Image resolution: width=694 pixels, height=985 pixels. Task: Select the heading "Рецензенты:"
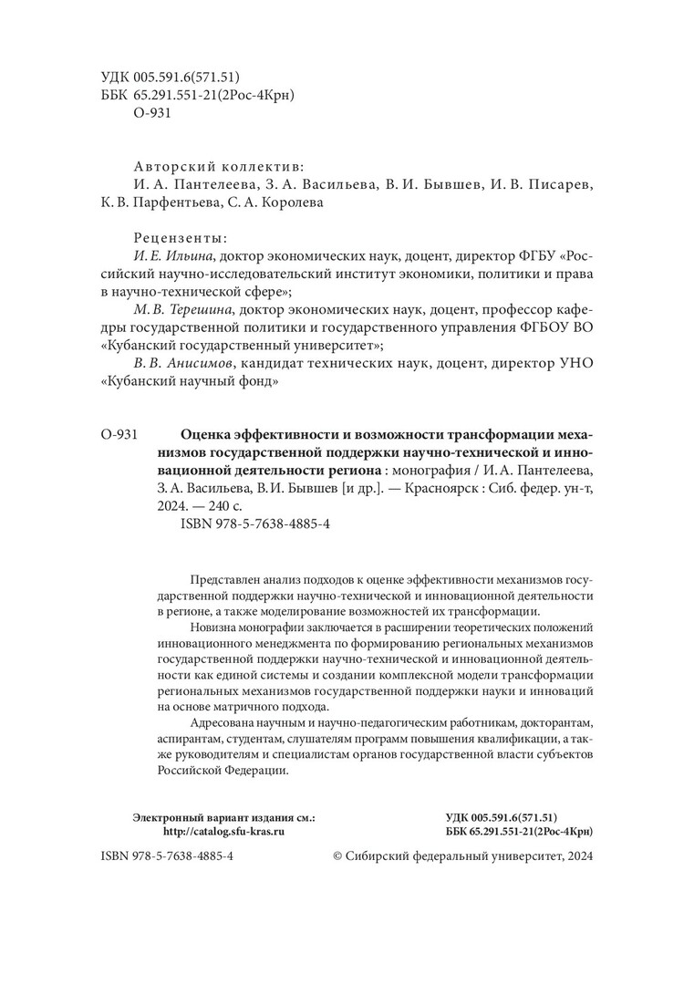click(181, 238)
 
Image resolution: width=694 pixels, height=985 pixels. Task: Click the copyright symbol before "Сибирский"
click(337, 858)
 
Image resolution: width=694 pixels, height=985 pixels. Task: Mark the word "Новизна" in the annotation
click(215, 629)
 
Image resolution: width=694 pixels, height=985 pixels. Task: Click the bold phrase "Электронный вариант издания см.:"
click(223, 819)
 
